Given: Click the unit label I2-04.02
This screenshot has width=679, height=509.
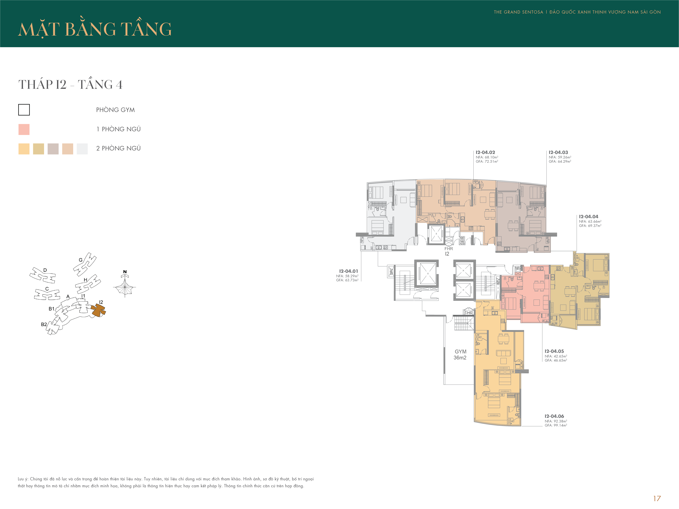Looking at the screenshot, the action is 485,152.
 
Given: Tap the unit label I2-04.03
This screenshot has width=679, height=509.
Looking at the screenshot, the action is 558,152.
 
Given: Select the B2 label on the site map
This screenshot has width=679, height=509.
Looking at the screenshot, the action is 44,324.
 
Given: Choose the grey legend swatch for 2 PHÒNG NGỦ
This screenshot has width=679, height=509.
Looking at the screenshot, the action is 53,149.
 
